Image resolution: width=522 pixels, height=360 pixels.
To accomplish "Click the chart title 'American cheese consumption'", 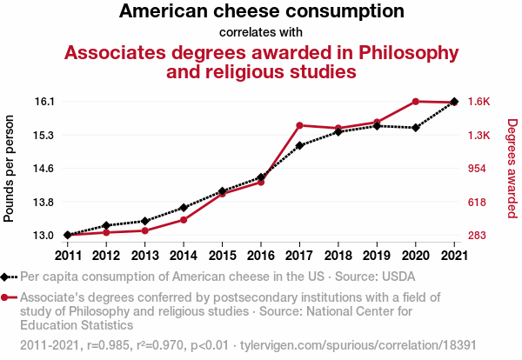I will click(261, 12).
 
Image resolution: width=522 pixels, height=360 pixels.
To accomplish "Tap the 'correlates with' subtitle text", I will click(261, 33).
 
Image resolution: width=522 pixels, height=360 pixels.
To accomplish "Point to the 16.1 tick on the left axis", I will click(45, 102).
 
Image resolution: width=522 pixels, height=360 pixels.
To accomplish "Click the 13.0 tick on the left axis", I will click(45, 236).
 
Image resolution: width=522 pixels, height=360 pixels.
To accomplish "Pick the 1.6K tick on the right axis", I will click(478, 102).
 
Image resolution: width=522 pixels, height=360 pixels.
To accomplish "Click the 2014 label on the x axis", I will click(184, 256).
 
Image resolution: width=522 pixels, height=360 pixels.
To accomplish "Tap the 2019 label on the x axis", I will click(377, 256).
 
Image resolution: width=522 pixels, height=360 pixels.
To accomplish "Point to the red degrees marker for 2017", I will click(299, 126).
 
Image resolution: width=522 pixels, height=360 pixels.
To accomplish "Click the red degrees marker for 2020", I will click(415, 102).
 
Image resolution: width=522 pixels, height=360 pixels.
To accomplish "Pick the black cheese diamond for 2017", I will click(299, 145).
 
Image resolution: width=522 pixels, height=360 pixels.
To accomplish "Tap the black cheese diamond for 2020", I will click(415, 128).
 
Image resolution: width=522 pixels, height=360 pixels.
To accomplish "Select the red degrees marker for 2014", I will click(184, 220).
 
